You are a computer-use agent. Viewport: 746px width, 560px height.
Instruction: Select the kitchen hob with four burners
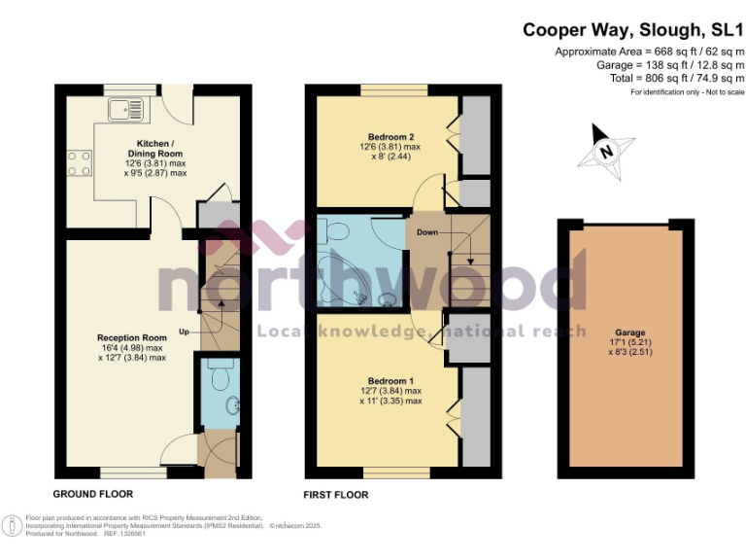(x=79, y=161)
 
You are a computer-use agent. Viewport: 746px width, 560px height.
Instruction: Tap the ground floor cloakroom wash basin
(x=230, y=405)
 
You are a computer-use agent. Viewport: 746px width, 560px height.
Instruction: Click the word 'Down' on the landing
(x=427, y=233)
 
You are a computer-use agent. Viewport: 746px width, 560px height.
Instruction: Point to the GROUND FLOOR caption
(x=93, y=495)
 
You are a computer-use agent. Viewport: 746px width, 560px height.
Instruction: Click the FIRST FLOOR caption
(x=336, y=495)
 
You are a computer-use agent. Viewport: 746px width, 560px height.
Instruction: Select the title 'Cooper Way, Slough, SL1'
(x=633, y=30)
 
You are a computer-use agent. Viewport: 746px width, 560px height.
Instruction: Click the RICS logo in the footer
(x=12, y=526)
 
